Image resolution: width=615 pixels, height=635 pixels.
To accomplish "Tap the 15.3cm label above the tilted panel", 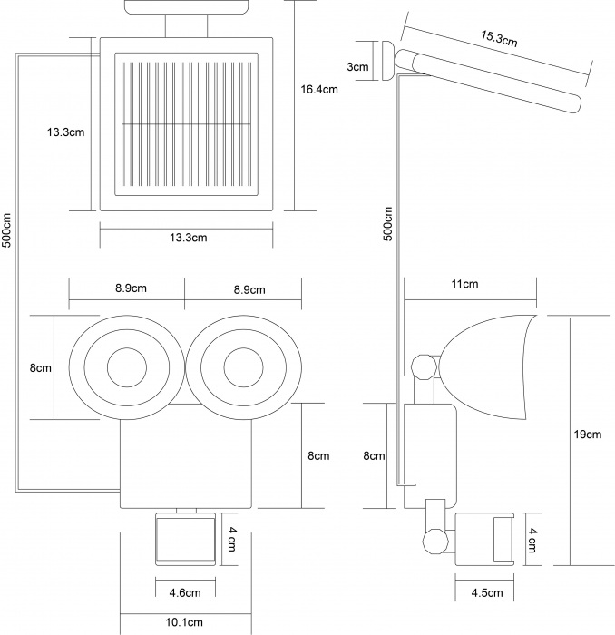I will [x=499, y=38].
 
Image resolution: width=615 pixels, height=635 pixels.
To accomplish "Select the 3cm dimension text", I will [x=358, y=67].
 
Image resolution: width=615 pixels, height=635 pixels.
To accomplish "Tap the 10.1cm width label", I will [x=184, y=623].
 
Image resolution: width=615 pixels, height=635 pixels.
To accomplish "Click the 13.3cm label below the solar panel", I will [x=188, y=238].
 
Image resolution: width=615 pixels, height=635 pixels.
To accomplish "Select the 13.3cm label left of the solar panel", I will [x=66, y=132].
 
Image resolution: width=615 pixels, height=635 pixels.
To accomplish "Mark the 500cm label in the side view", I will [x=388, y=221].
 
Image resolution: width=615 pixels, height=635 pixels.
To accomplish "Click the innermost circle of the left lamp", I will [x=128, y=368].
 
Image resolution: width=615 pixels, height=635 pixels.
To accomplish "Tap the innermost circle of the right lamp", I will [x=243, y=368].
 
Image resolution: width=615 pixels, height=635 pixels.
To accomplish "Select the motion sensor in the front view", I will [x=184, y=538].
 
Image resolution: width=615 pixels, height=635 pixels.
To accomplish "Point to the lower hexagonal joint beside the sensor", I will [x=434, y=542].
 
